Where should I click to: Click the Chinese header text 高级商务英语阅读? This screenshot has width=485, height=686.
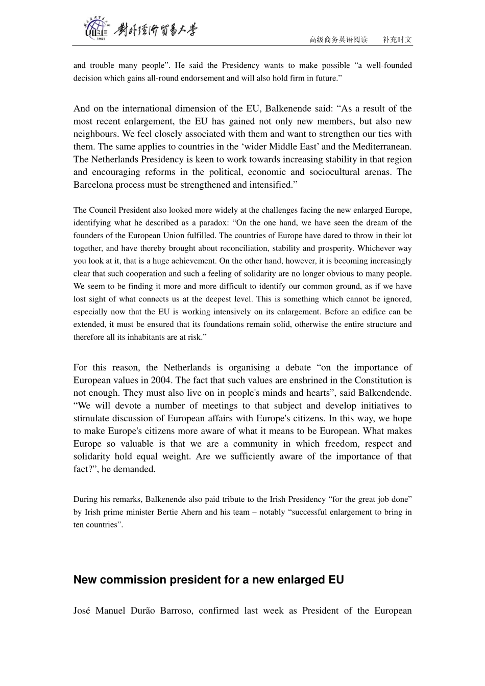338,40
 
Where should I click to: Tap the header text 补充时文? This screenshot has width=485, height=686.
397,40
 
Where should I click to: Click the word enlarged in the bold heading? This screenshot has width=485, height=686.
299,580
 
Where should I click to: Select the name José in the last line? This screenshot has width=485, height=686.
82,611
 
